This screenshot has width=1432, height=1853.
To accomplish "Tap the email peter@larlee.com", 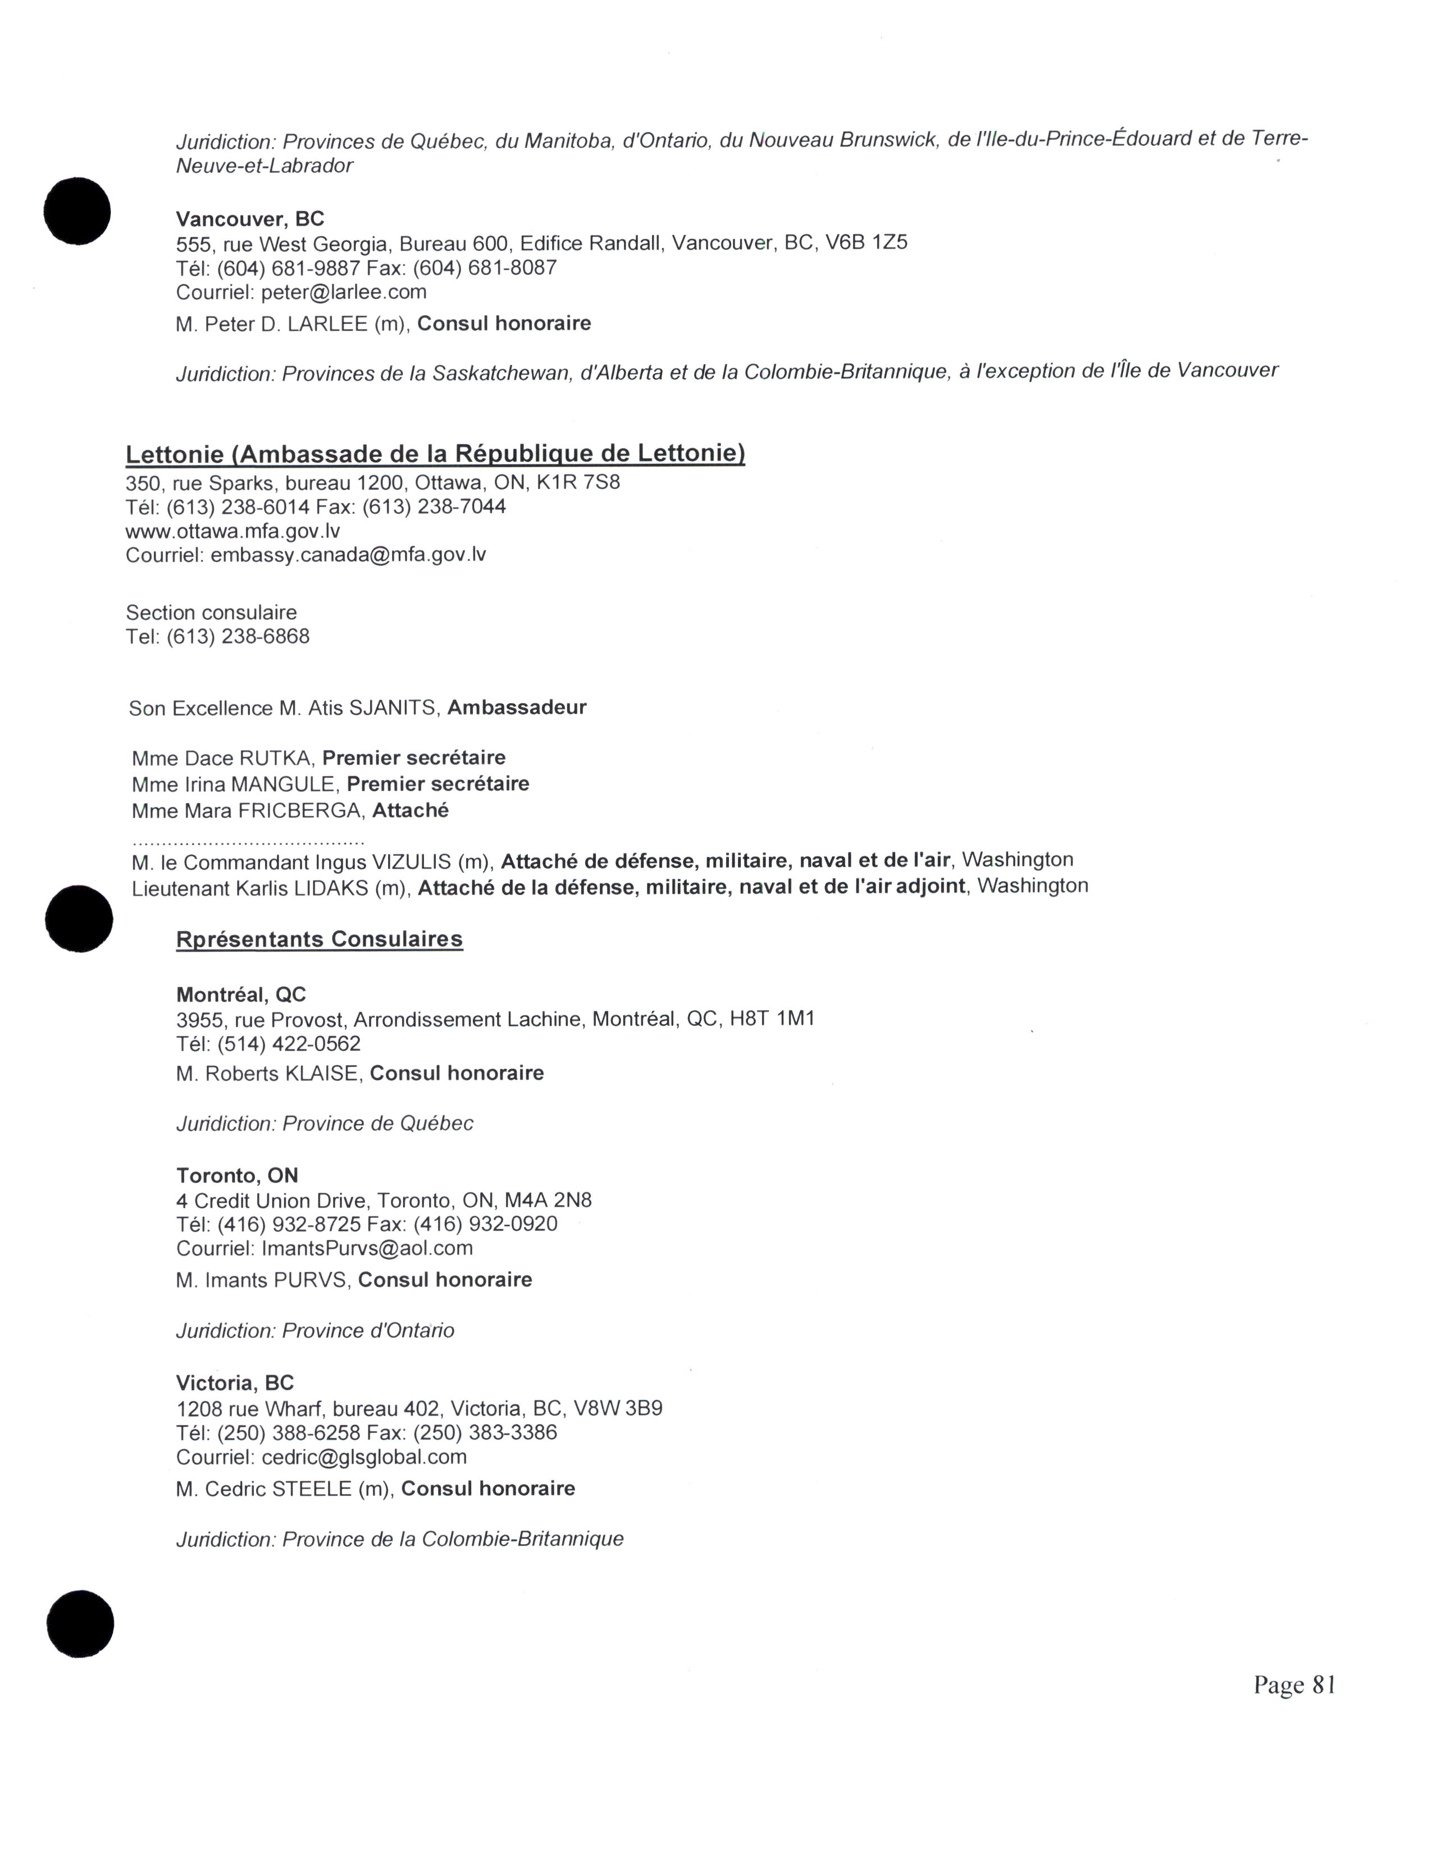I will (344, 293).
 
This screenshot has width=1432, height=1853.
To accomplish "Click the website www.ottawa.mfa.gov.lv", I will (232, 531).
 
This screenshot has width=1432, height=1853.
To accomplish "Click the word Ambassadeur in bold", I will (517, 708).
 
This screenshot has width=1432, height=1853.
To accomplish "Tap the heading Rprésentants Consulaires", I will (319, 939).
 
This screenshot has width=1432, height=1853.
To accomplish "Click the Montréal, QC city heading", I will (241, 994).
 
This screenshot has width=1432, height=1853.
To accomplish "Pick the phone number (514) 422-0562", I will (289, 1044).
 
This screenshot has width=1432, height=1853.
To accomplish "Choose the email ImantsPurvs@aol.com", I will (367, 1248).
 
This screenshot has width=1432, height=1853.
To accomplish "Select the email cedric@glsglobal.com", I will (364, 1458).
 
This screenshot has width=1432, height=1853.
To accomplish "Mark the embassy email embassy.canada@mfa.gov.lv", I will (348, 555).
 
